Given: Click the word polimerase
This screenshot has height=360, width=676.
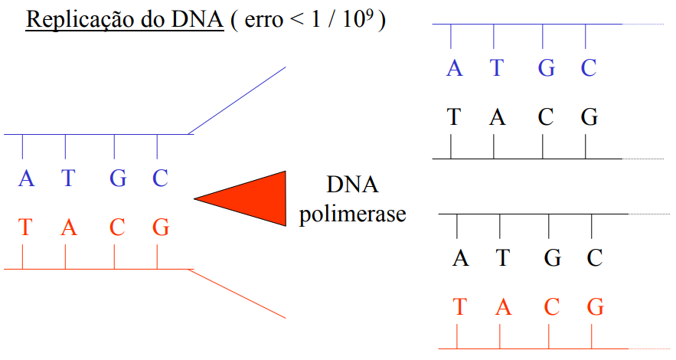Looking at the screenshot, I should coord(352,214).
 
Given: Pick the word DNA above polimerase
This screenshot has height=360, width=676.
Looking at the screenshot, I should coord(353,185).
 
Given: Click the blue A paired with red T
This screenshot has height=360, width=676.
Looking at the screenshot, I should coord(27,178).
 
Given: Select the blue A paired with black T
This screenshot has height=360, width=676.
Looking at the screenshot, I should coord(455,68).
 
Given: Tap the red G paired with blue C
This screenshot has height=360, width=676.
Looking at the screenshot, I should coord(161,227).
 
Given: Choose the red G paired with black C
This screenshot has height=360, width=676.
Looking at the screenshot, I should coord(596,307).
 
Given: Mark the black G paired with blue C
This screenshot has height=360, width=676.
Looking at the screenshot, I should coord(589,118).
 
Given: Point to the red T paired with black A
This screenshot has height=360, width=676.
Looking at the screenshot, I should coord(460,307).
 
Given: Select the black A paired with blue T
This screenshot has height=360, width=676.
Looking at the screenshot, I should coord(497,118).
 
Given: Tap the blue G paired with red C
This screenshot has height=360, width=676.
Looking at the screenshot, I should coord(118,178).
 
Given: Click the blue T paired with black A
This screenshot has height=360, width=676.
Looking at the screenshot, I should coord(497,68).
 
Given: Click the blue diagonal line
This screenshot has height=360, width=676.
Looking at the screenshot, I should coord(237,100).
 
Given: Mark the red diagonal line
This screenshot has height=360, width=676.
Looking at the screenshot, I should coord(237,293).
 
